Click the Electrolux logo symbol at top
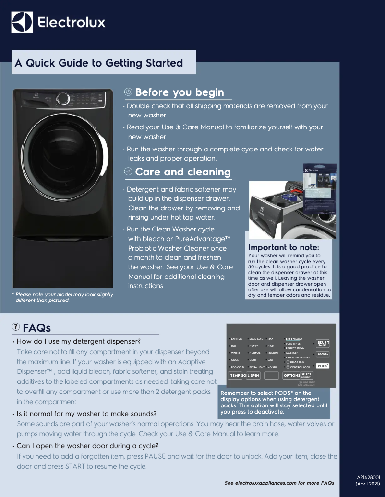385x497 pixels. point(22,22)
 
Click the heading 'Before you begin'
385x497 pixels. point(179,92)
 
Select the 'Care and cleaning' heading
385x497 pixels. point(182,172)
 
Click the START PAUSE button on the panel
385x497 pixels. point(323,343)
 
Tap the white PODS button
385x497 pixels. point(323,365)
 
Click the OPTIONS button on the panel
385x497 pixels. point(292,375)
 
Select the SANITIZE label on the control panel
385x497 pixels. point(237,339)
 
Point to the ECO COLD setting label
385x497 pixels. point(237,367)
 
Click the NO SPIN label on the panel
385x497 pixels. point(273,367)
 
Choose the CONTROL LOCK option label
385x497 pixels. point(300,367)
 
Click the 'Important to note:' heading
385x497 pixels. point(283,247)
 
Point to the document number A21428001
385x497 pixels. point(368,477)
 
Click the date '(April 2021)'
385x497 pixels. point(368,484)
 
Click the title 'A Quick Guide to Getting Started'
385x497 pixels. point(99,63)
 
